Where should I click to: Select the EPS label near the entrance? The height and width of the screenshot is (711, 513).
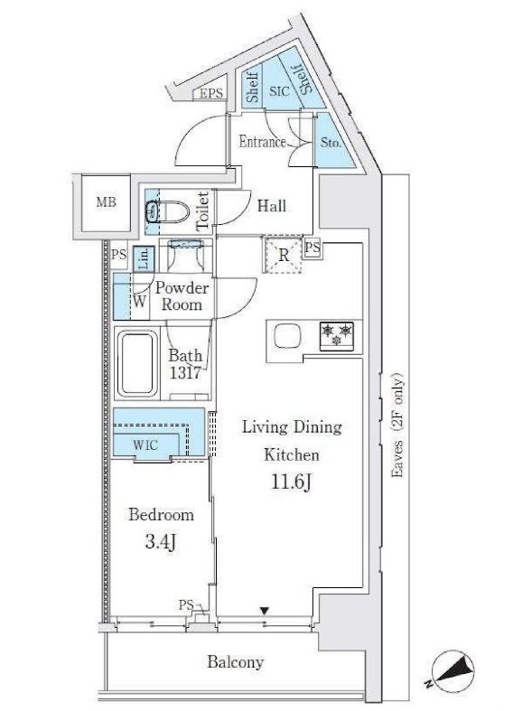point(210,94)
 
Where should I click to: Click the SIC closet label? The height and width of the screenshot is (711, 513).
point(278,90)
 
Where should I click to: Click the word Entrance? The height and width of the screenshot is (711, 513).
point(262,142)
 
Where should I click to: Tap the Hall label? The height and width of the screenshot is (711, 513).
point(271,206)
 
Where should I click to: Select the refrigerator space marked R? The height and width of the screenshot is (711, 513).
point(284,255)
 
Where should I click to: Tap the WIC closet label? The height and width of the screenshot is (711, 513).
point(146,444)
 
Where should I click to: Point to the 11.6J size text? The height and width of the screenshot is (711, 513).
point(291,482)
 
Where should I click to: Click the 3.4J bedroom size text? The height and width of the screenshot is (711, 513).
point(161,544)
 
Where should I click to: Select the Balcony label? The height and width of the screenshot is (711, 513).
point(236,662)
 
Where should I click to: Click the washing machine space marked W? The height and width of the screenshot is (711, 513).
point(140,302)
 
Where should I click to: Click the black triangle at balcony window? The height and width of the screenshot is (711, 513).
point(264,612)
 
